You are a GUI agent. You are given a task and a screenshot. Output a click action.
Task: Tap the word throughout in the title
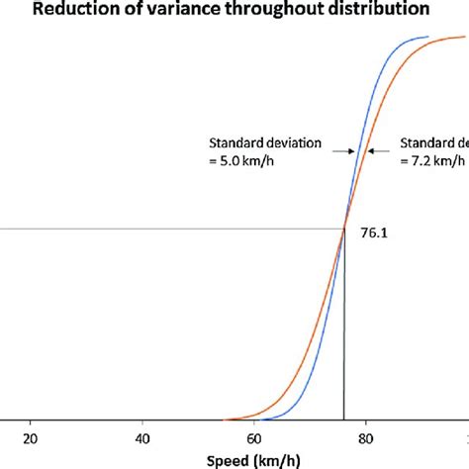(x=261, y=10)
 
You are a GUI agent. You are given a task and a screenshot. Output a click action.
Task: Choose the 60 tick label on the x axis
(x=254, y=439)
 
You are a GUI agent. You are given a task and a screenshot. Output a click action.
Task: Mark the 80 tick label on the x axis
(x=366, y=439)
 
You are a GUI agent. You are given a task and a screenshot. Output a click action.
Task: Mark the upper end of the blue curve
(x=426, y=38)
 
